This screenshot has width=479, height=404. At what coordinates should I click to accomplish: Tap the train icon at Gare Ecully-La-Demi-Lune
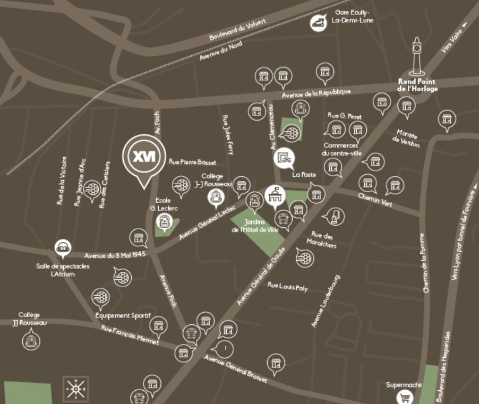pyautogui.click(x=319, y=22)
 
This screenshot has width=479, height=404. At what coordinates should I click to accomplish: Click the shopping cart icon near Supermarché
pyautogui.click(x=406, y=397)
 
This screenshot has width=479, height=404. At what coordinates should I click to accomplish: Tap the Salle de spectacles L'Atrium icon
pyautogui.click(x=63, y=247)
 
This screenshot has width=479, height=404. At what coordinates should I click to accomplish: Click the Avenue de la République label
pyautogui.click(x=316, y=93)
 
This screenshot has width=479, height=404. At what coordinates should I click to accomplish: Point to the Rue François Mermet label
pyautogui.click(x=130, y=335)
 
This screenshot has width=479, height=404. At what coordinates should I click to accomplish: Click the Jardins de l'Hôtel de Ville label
pyautogui.click(x=255, y=226)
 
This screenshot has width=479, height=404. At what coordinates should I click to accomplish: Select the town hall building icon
pyautogui.click(x=275, y=195)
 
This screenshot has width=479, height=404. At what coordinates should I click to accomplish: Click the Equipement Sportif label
pyautogui.click(x=123, y=315)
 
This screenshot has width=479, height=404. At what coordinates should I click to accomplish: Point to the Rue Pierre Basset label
pyautogui.click(x=190, y=162)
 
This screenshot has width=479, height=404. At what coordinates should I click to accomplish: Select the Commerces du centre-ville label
pyautogui.click(x=341, y=150)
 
